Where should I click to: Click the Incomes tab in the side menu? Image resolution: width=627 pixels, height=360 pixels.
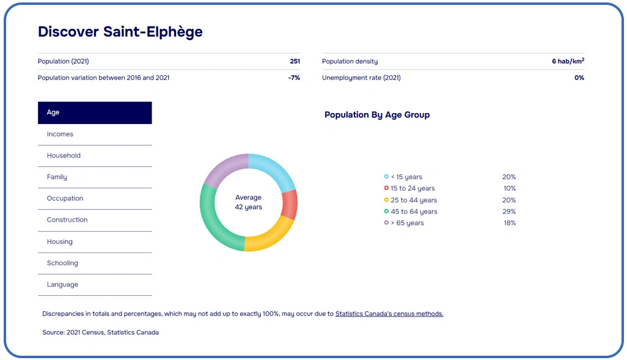click(60, 134)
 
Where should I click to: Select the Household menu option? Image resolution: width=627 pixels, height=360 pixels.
click(64, 156)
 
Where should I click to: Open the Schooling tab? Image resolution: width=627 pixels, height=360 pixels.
click(62, 263)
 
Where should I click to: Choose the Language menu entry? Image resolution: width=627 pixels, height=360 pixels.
click(62, 285)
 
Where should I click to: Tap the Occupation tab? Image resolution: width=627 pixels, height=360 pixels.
click(65, 199)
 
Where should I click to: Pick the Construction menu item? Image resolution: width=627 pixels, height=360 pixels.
click(67, 220)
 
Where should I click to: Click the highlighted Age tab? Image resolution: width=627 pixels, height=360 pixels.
click(95, 113)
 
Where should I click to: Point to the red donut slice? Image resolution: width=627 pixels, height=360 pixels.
click(290, 205)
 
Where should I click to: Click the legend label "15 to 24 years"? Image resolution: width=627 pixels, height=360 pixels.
click(413, 189)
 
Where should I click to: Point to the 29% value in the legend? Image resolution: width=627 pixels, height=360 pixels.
click(509, 212)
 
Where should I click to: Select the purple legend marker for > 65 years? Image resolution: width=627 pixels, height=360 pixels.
click(386, 223)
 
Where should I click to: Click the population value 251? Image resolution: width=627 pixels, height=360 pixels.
click(295, 62)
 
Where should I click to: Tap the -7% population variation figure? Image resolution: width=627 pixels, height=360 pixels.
click(294, 78)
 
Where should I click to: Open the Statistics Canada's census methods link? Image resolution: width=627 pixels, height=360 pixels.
click(389, 314)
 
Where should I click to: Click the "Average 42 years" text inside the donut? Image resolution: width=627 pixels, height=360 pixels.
click(248, 202)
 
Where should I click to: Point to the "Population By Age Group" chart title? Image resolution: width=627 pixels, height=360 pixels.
click(377, 115)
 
